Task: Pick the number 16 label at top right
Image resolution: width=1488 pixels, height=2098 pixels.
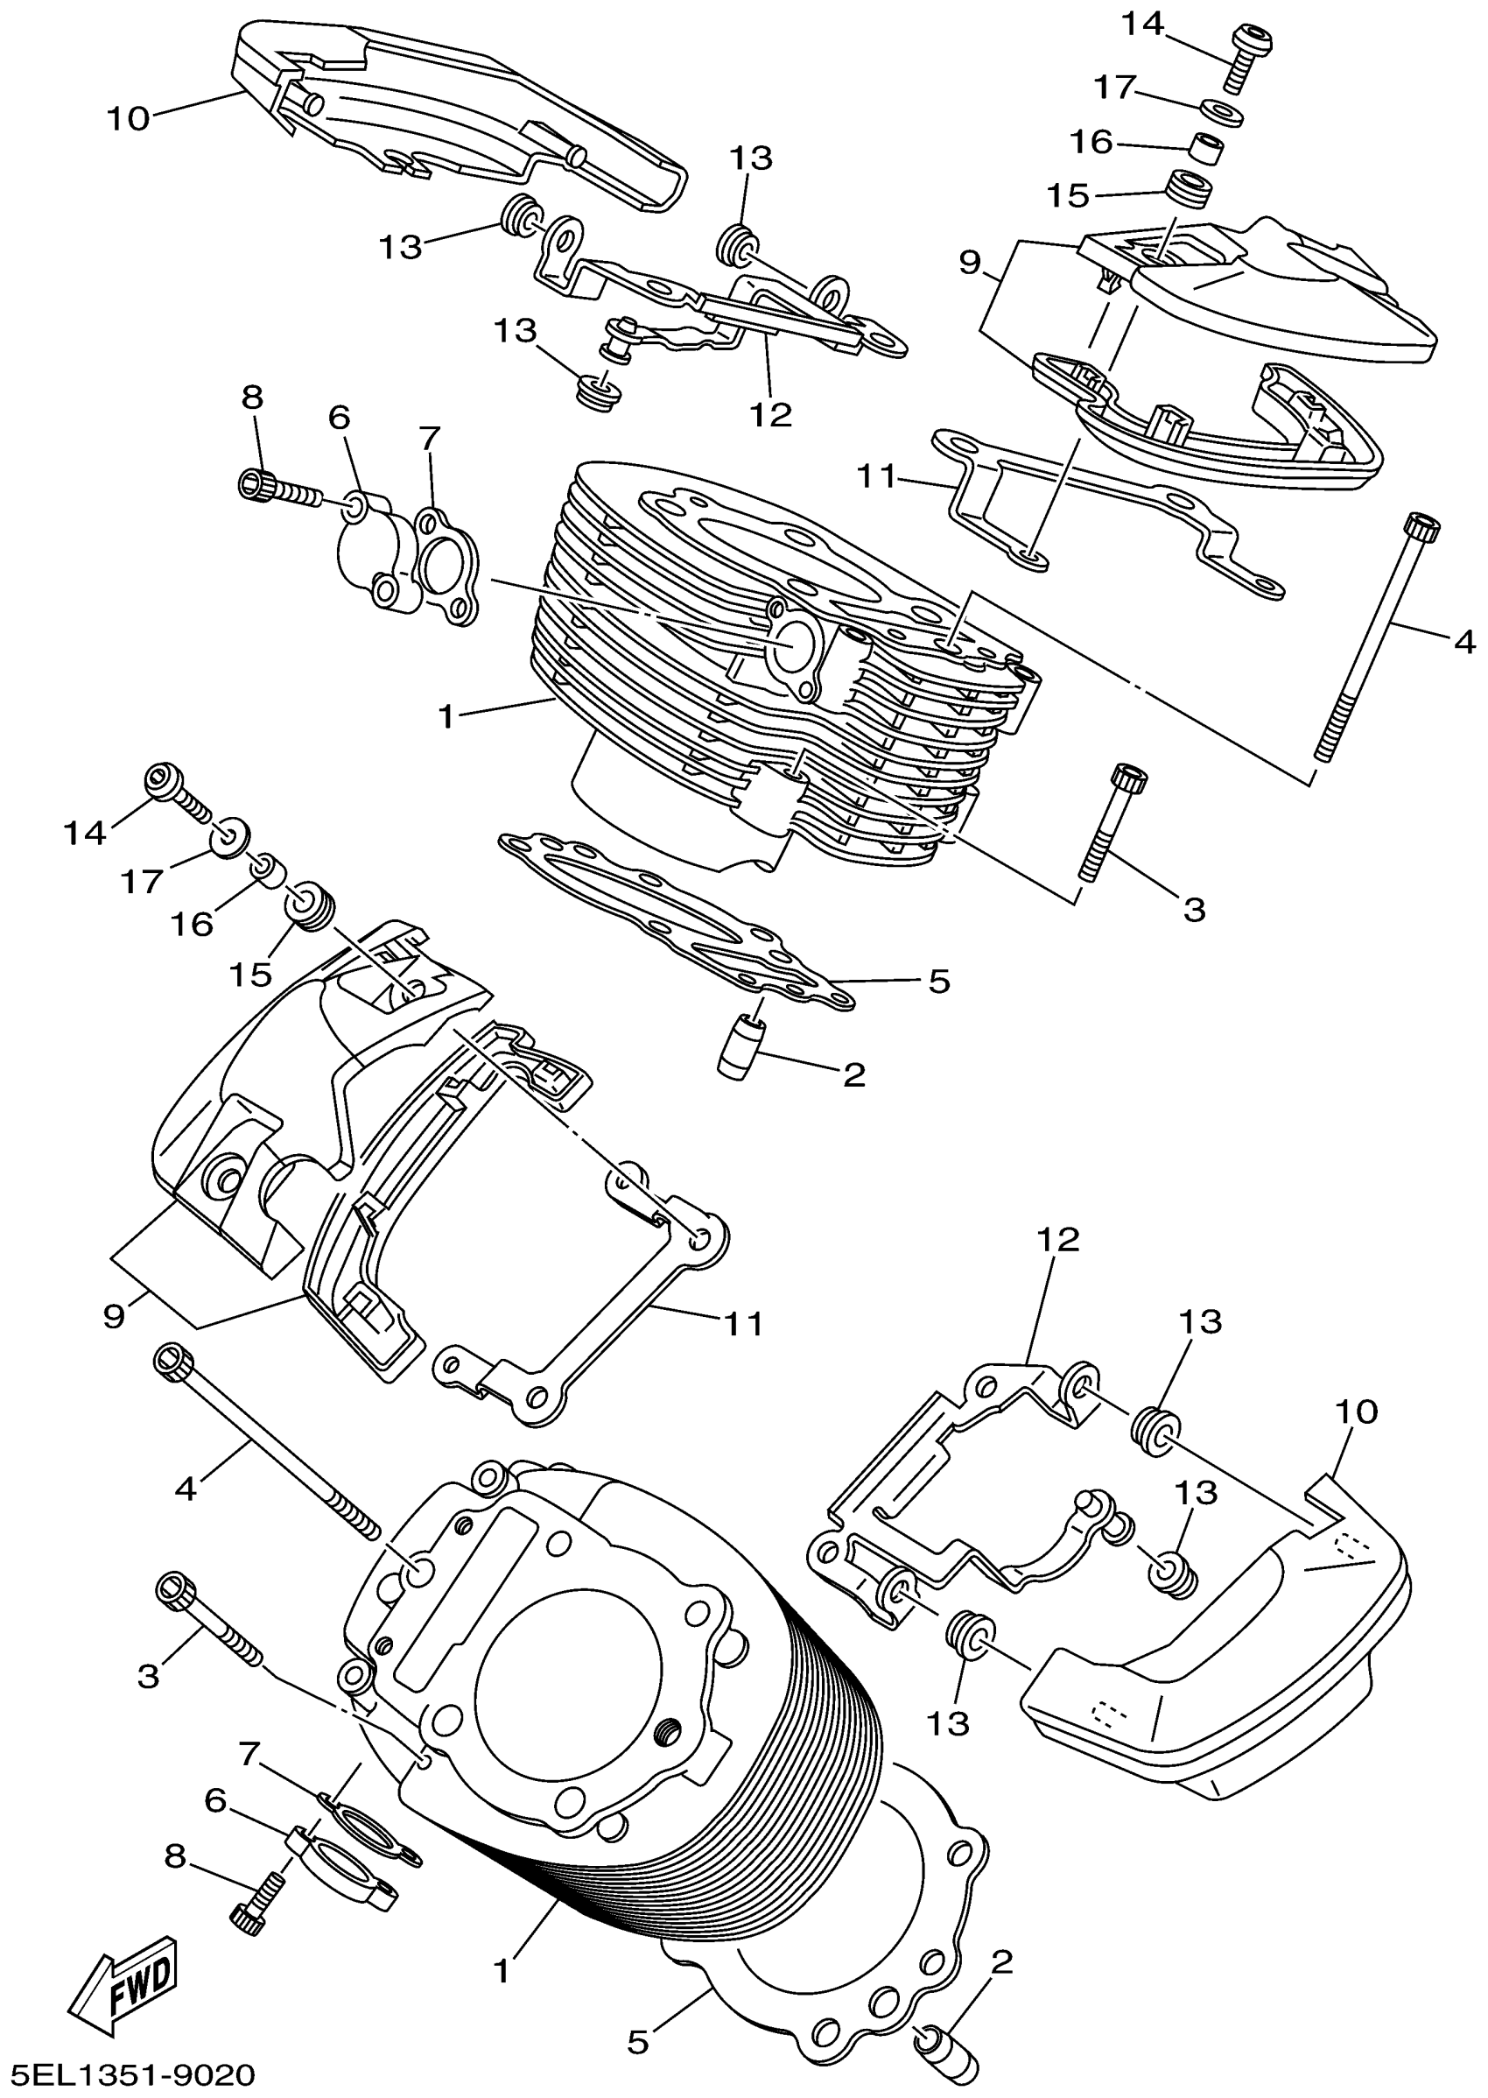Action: (1091, 142)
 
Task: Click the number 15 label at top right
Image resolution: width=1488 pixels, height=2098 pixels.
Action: (1069, 195)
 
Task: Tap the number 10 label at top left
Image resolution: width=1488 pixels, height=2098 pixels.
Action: (129, 119)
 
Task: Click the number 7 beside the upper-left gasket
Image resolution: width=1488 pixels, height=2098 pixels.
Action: (431, 438)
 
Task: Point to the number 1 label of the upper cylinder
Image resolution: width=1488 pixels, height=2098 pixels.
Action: (446, 716)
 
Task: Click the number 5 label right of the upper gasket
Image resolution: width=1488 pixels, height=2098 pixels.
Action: (939, 982)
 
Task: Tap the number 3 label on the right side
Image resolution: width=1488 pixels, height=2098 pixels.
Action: (1194, 910)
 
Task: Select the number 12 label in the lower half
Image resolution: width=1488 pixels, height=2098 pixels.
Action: (1058, 1240)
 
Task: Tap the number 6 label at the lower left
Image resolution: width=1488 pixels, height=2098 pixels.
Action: (215, 1801)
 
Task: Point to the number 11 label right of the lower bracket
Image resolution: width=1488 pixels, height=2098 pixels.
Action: (743, 1324)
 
